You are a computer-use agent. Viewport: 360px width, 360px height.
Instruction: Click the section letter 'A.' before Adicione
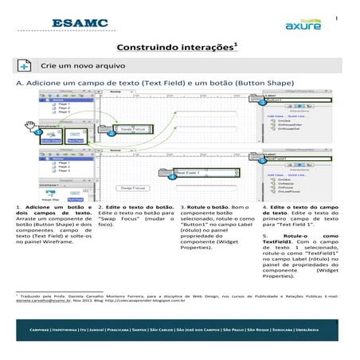[21, 83]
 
